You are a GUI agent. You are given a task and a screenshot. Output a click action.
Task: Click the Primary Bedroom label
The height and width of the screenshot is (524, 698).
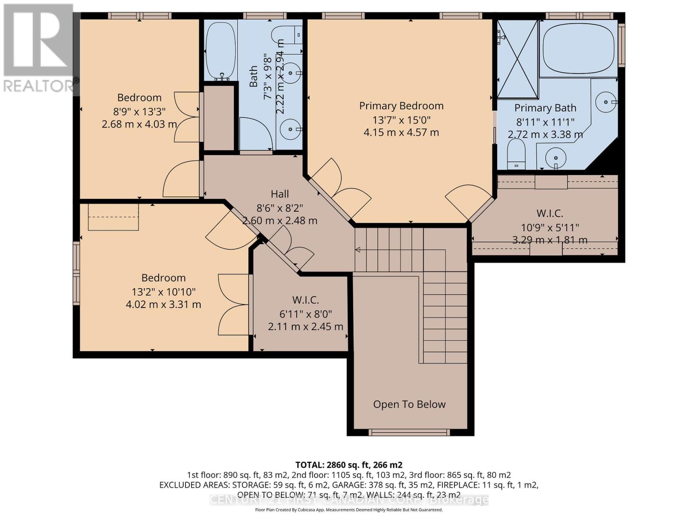[401, 106]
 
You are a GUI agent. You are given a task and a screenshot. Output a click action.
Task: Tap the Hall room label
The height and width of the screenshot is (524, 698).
[280, 194]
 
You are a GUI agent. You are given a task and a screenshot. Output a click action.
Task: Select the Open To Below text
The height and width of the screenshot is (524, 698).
[409, 404]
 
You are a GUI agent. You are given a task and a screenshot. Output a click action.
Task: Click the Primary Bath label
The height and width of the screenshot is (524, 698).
[545, 108]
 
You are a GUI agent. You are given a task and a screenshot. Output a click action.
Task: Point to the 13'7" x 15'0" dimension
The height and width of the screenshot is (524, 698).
[401, 120]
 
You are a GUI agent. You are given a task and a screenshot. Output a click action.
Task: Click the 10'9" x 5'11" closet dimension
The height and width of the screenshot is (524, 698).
[550, 228]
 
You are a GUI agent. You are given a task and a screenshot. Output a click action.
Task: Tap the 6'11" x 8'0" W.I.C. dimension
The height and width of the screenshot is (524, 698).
[305, 314]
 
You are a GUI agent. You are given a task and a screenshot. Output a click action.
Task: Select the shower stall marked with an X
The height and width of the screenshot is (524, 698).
[518, 59]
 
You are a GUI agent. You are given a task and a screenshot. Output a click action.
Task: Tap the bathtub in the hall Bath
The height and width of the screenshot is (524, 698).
[221, 50]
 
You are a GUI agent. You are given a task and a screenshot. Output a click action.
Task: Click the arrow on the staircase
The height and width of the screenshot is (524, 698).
[358, 250]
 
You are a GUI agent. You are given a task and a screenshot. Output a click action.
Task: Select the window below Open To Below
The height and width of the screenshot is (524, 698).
[409, 432]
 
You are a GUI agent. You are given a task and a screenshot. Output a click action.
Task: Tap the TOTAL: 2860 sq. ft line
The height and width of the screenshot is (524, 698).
[349, 465]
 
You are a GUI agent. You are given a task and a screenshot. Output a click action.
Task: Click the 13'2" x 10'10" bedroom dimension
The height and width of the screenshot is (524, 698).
[163, 292]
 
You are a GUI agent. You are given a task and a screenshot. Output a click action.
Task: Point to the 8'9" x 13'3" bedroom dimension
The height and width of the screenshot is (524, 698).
[139, 111]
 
